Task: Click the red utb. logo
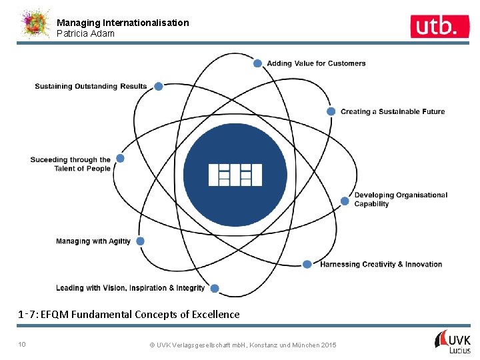(x=434, y=26)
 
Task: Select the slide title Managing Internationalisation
(x=123, y=23)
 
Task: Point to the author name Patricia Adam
(x=85, y=33)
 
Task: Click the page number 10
(x=22, y=344)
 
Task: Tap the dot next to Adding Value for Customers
(x=258, y=63)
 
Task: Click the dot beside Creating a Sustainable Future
(x=331, y=111)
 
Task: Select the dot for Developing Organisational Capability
(x=345, y=201)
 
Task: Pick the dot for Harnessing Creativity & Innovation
(x=307, y=264)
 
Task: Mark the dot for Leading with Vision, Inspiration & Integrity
(x=214, y=288)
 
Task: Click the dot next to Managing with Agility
(x=140, y=241)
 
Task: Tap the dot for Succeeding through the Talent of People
(x=120, y=159)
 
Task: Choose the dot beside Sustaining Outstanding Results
(x=159, y=86)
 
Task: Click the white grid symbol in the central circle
(x=235, y=175)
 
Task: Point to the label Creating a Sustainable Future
(x=393, y=111)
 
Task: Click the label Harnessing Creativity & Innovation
(x=381, y=265)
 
